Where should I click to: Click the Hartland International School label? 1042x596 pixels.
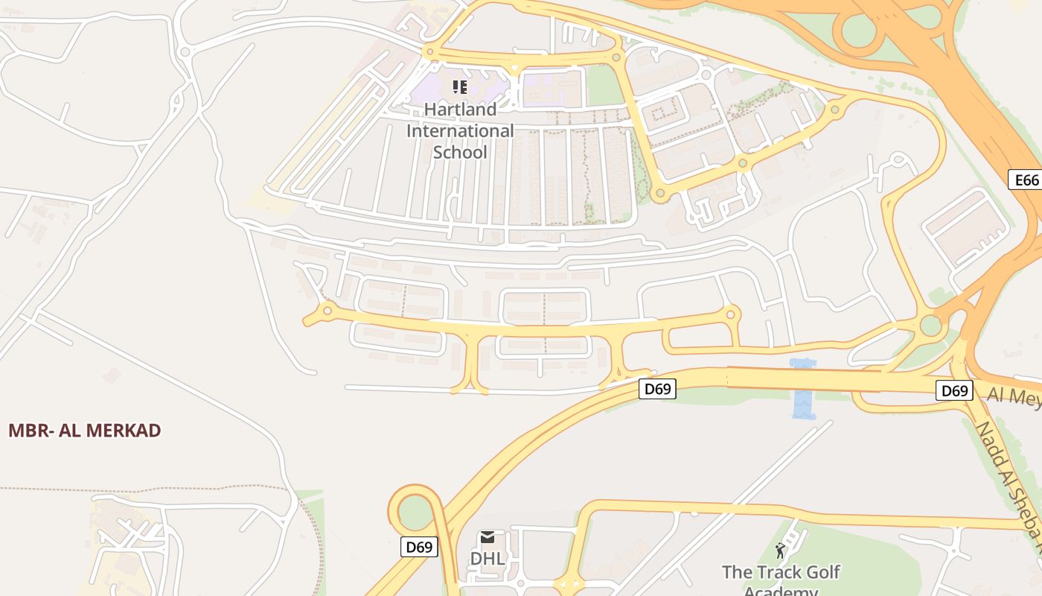pyautogui.click(x=460, y=131)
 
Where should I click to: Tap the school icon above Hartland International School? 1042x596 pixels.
pyautogui.click(x=460, y=88)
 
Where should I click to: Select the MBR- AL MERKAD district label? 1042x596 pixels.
pyautogui.click(x=85, y=431)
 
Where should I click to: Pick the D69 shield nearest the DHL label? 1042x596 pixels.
pyautogui.click(x=419, y=547)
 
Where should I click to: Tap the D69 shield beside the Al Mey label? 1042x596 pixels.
pyautogui.click(x=954, y=390)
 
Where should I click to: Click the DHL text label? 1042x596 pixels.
pyautogui.click(x=488, y=559)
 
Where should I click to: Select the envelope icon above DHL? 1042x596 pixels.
pyautogui.click(x=488, y=537)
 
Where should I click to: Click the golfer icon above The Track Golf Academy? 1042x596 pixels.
pyautogui.click(x=780, y=551)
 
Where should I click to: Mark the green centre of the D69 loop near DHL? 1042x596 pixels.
pyautogui.click(x=415, y=513)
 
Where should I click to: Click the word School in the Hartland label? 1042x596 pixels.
pyautogui.click(x=460, y=153)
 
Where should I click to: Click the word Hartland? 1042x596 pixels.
pyautogui.click(x=460, y=110)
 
